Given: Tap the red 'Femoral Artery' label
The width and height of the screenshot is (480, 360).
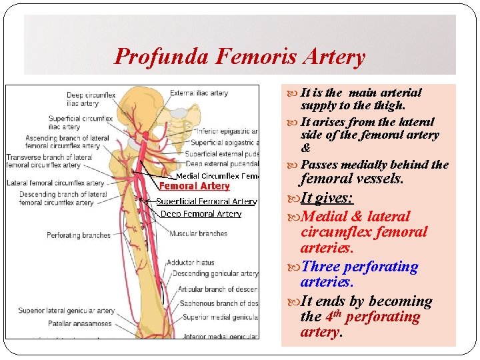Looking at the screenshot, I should (x=194, y=186).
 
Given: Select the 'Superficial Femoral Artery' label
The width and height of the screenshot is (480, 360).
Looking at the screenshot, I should (x=207, y=201).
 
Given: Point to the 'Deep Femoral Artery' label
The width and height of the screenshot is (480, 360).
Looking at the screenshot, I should (x=201, y=214).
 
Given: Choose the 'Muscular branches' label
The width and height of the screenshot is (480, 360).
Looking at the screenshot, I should (x=198, y=234).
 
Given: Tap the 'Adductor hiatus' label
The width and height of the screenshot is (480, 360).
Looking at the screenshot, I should (x=190, y=263).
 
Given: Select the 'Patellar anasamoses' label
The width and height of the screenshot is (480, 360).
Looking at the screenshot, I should (x=79, y=323).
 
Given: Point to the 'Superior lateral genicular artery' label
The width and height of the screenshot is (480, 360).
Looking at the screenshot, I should (x=67, y=311).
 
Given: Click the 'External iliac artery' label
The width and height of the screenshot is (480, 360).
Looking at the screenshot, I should (x=199, y=93).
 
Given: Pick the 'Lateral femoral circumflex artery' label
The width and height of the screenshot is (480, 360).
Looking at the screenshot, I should (x=56, y=183).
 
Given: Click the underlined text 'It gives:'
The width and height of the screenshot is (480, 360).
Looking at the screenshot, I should (x=327, y=198).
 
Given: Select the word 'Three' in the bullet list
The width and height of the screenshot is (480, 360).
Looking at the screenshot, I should (x=321, y=267).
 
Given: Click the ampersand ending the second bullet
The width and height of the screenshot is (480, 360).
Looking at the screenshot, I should (x=306, y=148).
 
